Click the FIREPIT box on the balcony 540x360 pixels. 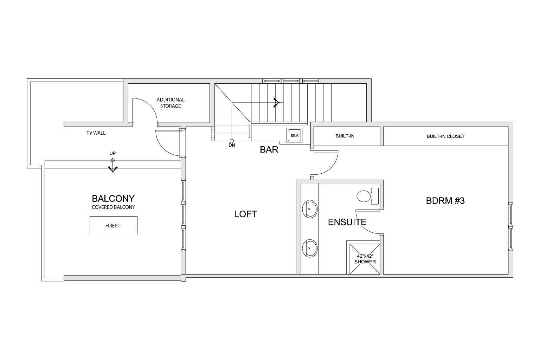[x=113, y=225]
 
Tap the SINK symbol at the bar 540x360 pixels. [x=294, y=135]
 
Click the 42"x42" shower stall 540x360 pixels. [x=364, y=258]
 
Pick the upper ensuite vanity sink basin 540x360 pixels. [x=309, y=209]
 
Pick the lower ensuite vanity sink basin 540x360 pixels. [x=309, y=248]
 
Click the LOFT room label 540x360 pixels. [x=245, y=214]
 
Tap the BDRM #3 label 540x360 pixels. [x=445, y=201]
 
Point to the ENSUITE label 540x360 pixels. [x=347, y=222]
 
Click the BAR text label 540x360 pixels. [x=269, y=150]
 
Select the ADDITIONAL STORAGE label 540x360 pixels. [x=171, y=103]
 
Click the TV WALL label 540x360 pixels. [x=96, y=133]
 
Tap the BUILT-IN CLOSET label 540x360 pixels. [x=445, y=136]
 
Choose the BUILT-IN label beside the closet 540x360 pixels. [x=345, y=136]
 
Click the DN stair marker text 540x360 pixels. [x=232, y=145]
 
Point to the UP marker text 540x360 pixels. [x=112, y=153]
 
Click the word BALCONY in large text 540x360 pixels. [x=113, y=199]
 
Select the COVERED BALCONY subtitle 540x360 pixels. [x=113, y=207]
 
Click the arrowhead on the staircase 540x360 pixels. [x=276, y=103]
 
